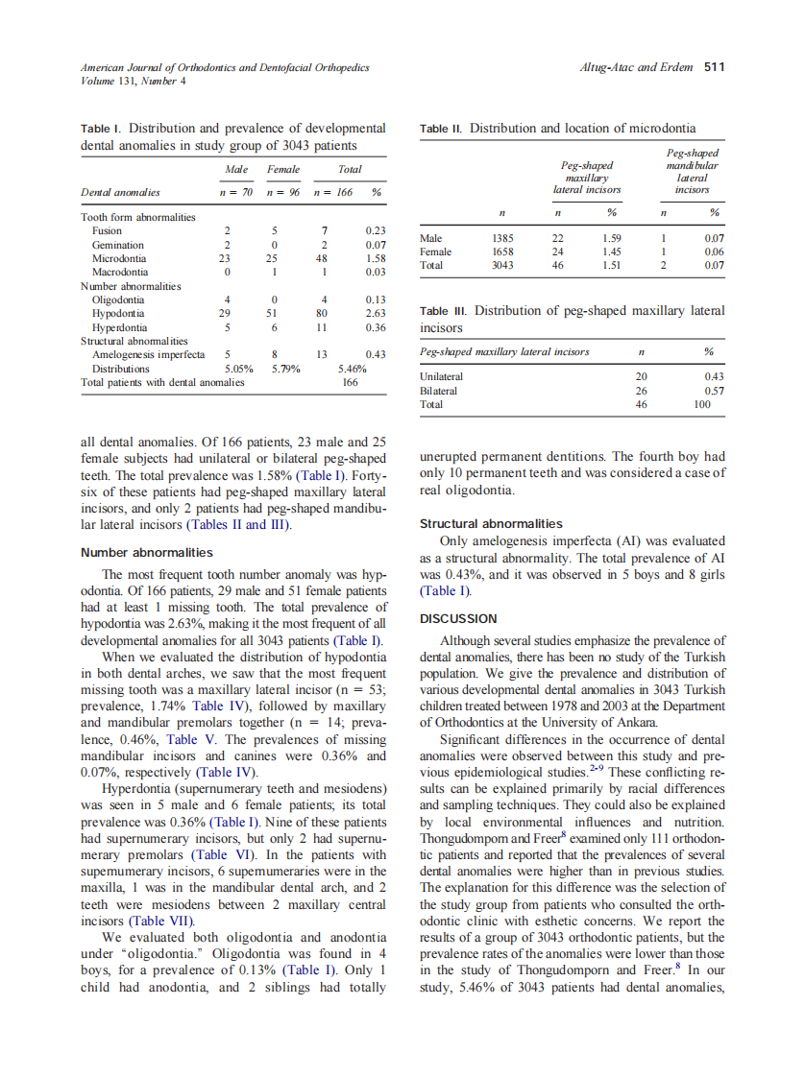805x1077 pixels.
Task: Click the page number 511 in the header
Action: [713, 67]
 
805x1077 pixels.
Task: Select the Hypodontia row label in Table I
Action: [118, 313]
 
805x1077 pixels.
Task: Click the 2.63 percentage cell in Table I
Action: [376, 313]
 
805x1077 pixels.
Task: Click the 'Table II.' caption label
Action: [442, 129]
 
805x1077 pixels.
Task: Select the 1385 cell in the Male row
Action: [502, 237]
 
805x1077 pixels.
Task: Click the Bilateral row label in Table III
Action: [439, 391]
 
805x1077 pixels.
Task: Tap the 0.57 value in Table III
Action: [713, 391]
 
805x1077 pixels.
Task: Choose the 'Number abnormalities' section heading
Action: [147, 552]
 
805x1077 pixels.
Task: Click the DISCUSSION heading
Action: [458, 618]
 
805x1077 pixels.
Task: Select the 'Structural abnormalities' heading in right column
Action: [491, 523]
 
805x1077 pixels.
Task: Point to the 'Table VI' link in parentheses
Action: [223, 854]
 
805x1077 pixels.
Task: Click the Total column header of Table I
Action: [350, 170]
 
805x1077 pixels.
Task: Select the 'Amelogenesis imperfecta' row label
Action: [148, 354]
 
